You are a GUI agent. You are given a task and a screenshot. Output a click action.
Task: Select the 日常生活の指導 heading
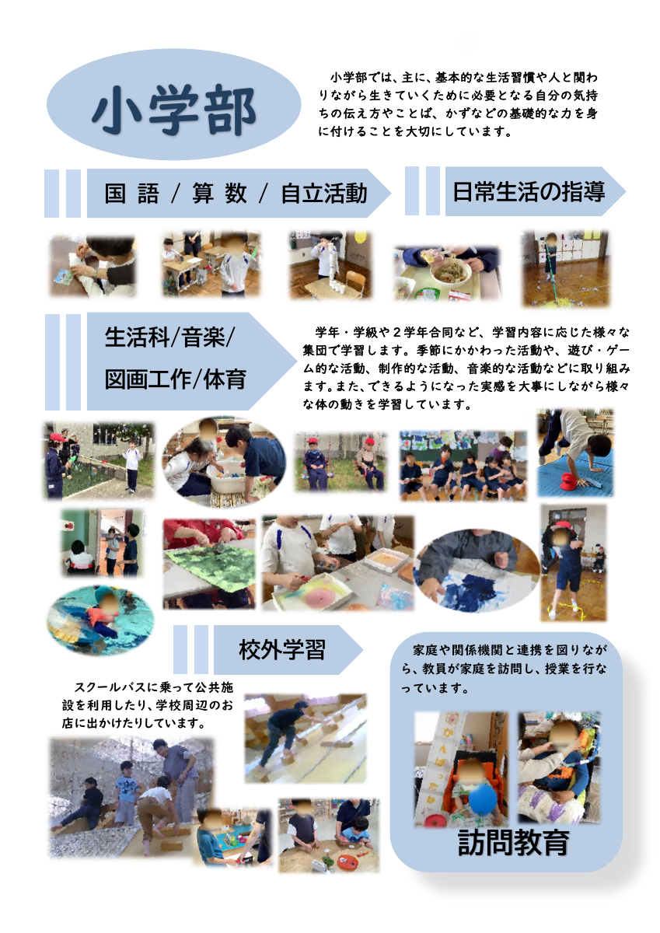click(529, 191)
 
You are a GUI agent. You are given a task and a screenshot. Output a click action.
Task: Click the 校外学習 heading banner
click(281, 648)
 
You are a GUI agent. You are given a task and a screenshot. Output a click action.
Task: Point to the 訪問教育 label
click(513, 842)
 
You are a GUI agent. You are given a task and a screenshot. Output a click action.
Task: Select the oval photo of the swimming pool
click(99, 620)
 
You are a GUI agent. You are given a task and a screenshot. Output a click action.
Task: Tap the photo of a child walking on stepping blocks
click(306, 739)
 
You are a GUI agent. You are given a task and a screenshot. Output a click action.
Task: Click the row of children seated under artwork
click(463, 465)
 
